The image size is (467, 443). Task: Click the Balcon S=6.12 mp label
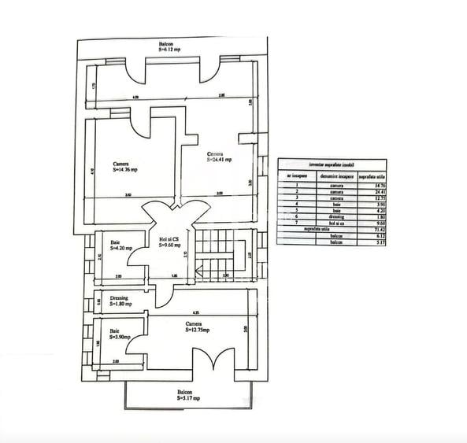169,47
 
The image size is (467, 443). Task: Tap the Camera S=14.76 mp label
125,166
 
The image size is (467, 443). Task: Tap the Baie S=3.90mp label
120,334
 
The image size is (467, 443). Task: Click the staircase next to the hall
211,253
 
